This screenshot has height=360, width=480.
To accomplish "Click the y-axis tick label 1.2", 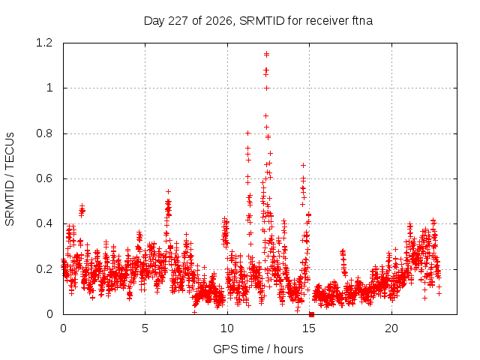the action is click(44, 43).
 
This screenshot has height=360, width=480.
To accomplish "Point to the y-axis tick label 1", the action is click(49, 88).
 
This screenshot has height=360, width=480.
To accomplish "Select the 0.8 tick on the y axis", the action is click(44, 133).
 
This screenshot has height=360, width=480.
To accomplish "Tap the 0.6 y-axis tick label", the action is click(44, 178).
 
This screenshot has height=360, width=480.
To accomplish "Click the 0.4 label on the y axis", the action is click(44, 223).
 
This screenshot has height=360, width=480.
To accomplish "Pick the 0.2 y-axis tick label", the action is click(44, 269).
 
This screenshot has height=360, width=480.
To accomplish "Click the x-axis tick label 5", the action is click(145, 328).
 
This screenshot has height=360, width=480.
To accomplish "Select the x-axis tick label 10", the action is click(227, 328).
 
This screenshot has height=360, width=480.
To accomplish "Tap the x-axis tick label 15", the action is click(309, 328).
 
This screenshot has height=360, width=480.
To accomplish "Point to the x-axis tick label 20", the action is click(391, 328).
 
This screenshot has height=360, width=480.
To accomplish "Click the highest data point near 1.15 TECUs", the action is click(267, 55).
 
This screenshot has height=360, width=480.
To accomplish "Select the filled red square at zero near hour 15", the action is click(312, 314).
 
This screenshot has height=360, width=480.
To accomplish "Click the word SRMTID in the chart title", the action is click(262, 21).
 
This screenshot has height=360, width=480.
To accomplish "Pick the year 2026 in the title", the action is click(218, 21).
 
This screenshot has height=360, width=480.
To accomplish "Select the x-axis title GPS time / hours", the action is click(258, 349).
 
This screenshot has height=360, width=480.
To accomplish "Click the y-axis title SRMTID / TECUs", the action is click(10, 179).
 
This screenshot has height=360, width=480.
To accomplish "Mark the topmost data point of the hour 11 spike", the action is click(248, 133).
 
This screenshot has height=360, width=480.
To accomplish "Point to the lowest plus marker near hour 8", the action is click(194, 312).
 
